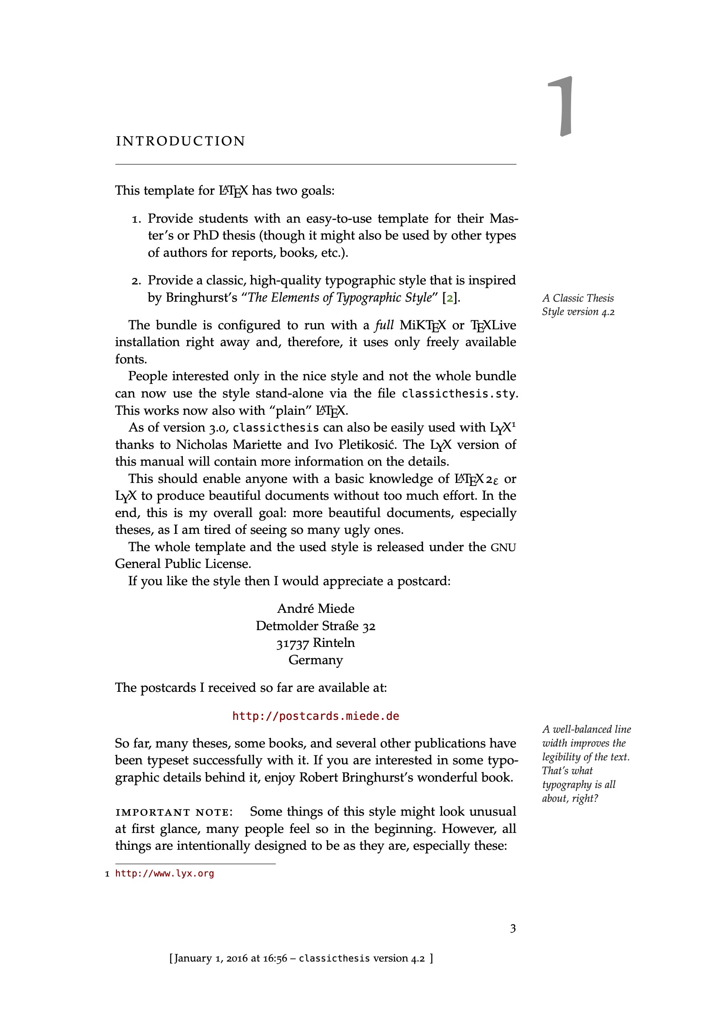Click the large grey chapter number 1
click(561, 106)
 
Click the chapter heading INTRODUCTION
click(180, 141)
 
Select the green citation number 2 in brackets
click(449, 298)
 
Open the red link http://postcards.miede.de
click(315, 716)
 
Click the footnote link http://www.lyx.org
click(164, 873)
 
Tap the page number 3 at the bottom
click(512, 928)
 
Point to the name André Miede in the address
click(315, 608)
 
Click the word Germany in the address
click(315, 659)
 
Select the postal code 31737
click(292, 644)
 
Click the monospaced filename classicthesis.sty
click(458, 393)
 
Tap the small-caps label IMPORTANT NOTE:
click(174, 812)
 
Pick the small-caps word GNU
click(503, 548)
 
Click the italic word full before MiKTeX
click(384, 325)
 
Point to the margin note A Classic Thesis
click(578, 298)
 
